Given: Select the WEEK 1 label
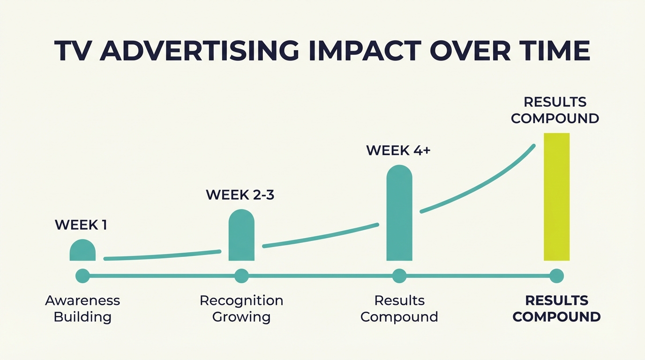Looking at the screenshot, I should [81, 225].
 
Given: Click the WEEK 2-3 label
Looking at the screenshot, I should [240, 195].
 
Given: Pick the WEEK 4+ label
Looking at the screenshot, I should [398, 150].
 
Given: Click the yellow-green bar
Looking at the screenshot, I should [556, 197].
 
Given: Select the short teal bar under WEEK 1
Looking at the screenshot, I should [82, 251].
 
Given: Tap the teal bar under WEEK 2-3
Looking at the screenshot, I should [241, 236].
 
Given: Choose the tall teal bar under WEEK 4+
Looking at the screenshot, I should [399, 213].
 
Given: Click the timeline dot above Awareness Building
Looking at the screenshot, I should [82, 276].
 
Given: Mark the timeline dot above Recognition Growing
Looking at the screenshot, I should [241, 276].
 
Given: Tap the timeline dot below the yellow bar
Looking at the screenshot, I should [556, 276].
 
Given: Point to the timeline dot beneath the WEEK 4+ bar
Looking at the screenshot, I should [399, 276].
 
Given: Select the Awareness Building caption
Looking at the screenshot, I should [82, 308].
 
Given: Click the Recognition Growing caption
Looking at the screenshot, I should [241, 308].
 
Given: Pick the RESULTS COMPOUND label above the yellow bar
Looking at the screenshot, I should [555, 110].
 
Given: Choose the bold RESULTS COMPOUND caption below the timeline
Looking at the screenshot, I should [556, 308].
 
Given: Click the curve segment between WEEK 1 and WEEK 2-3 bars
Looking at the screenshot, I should [162, 255].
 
